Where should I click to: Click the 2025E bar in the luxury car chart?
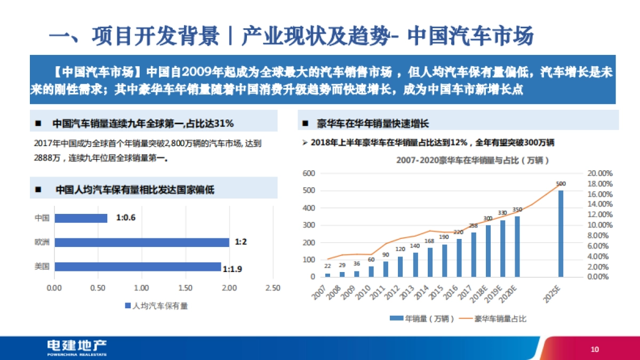click(561, 233)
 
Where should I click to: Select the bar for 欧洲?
click(141, 242)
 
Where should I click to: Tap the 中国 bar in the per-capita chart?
click(81, 218)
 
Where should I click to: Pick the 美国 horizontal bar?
click(138, 266)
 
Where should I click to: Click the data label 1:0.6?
click(126, 218)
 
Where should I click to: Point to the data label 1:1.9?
click(233, 269)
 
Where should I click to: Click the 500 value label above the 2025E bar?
click(561, 184)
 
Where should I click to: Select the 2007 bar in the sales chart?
click(327, 275)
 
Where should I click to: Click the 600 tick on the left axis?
click(310, 173)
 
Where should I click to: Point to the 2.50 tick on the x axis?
click(273, 288)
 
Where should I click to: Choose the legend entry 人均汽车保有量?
click(160, 306)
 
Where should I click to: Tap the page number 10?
click(595, 349)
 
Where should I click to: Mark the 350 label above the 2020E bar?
click(517, 210)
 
